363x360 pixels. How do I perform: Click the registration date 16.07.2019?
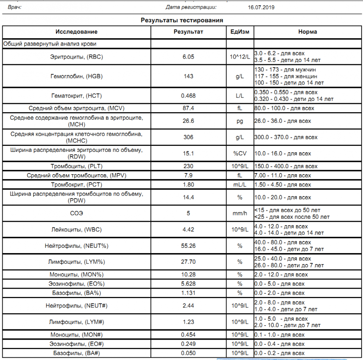coord(261,7)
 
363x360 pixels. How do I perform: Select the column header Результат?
coord(188,32)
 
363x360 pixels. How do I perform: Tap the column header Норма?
coord(307,32)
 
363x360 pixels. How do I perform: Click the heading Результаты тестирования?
coord(182,20)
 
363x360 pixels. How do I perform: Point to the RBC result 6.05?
coord(188,57)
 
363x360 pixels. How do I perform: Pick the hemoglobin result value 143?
coord(188,76)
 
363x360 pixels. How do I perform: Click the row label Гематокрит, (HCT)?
coord(77,96)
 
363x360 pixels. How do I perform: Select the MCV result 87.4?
coord(188,108)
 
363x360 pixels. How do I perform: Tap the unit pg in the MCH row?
coord(240,121)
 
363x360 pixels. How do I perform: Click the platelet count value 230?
coord(188,166)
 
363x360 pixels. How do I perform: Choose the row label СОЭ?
coord(77,213)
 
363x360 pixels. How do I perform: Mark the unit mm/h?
coord(240,213)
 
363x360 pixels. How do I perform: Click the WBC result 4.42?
coord(188,230)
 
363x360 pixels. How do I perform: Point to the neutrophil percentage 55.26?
coord(188,246)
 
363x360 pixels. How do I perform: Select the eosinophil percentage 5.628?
coord(188,284)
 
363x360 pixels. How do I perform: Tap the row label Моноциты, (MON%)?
coord(77,275)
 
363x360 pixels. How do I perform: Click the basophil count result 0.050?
coord(188,353)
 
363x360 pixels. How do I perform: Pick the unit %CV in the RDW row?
coord(240,153)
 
